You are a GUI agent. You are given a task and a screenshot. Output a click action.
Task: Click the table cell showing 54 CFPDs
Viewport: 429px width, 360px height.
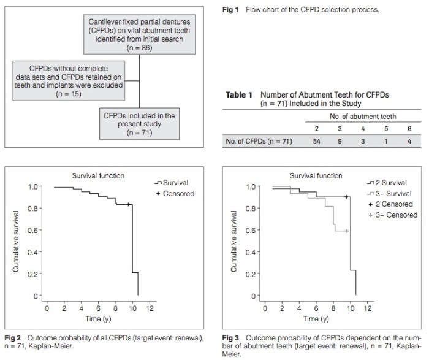(x=316, y=142)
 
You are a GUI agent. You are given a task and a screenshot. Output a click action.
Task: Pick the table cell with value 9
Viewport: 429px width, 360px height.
(x=341, y=142)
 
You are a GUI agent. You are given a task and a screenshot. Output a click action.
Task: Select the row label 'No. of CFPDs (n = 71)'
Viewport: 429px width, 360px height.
(x=257, y=142)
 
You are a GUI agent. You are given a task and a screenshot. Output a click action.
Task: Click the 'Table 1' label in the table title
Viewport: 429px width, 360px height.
(x=239, y=95)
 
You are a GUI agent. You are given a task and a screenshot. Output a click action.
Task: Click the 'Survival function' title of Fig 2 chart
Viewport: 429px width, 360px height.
(x=98, y=175)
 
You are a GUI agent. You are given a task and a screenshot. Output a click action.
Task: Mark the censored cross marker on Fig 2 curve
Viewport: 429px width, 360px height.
(x=128, y=205)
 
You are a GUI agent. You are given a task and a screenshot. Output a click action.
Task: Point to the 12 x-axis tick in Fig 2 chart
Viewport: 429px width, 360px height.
(x=151, y=308)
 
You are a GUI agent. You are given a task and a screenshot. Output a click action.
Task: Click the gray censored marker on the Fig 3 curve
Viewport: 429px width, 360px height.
(x=347, y=231)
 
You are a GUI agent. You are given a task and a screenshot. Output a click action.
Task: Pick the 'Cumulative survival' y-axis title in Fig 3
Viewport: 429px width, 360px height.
(x=233, y=242)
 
